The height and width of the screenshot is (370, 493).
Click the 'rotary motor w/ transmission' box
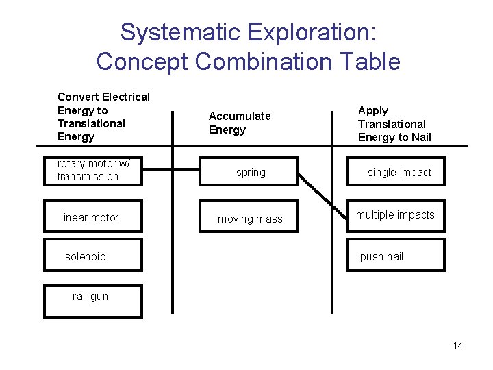93,171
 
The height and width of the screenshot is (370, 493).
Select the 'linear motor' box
93,217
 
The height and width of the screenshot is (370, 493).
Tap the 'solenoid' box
93,256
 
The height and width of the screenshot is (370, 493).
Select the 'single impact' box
396,172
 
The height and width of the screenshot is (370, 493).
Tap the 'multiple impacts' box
396,216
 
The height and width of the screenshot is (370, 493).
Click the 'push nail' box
396,256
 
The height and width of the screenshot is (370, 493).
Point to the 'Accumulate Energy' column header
240,123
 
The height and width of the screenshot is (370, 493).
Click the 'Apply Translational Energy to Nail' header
394,124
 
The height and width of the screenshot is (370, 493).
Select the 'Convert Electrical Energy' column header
103,116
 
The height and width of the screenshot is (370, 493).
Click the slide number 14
458,345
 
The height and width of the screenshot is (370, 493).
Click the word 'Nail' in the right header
419,137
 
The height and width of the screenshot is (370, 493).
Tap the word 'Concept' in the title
142,62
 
